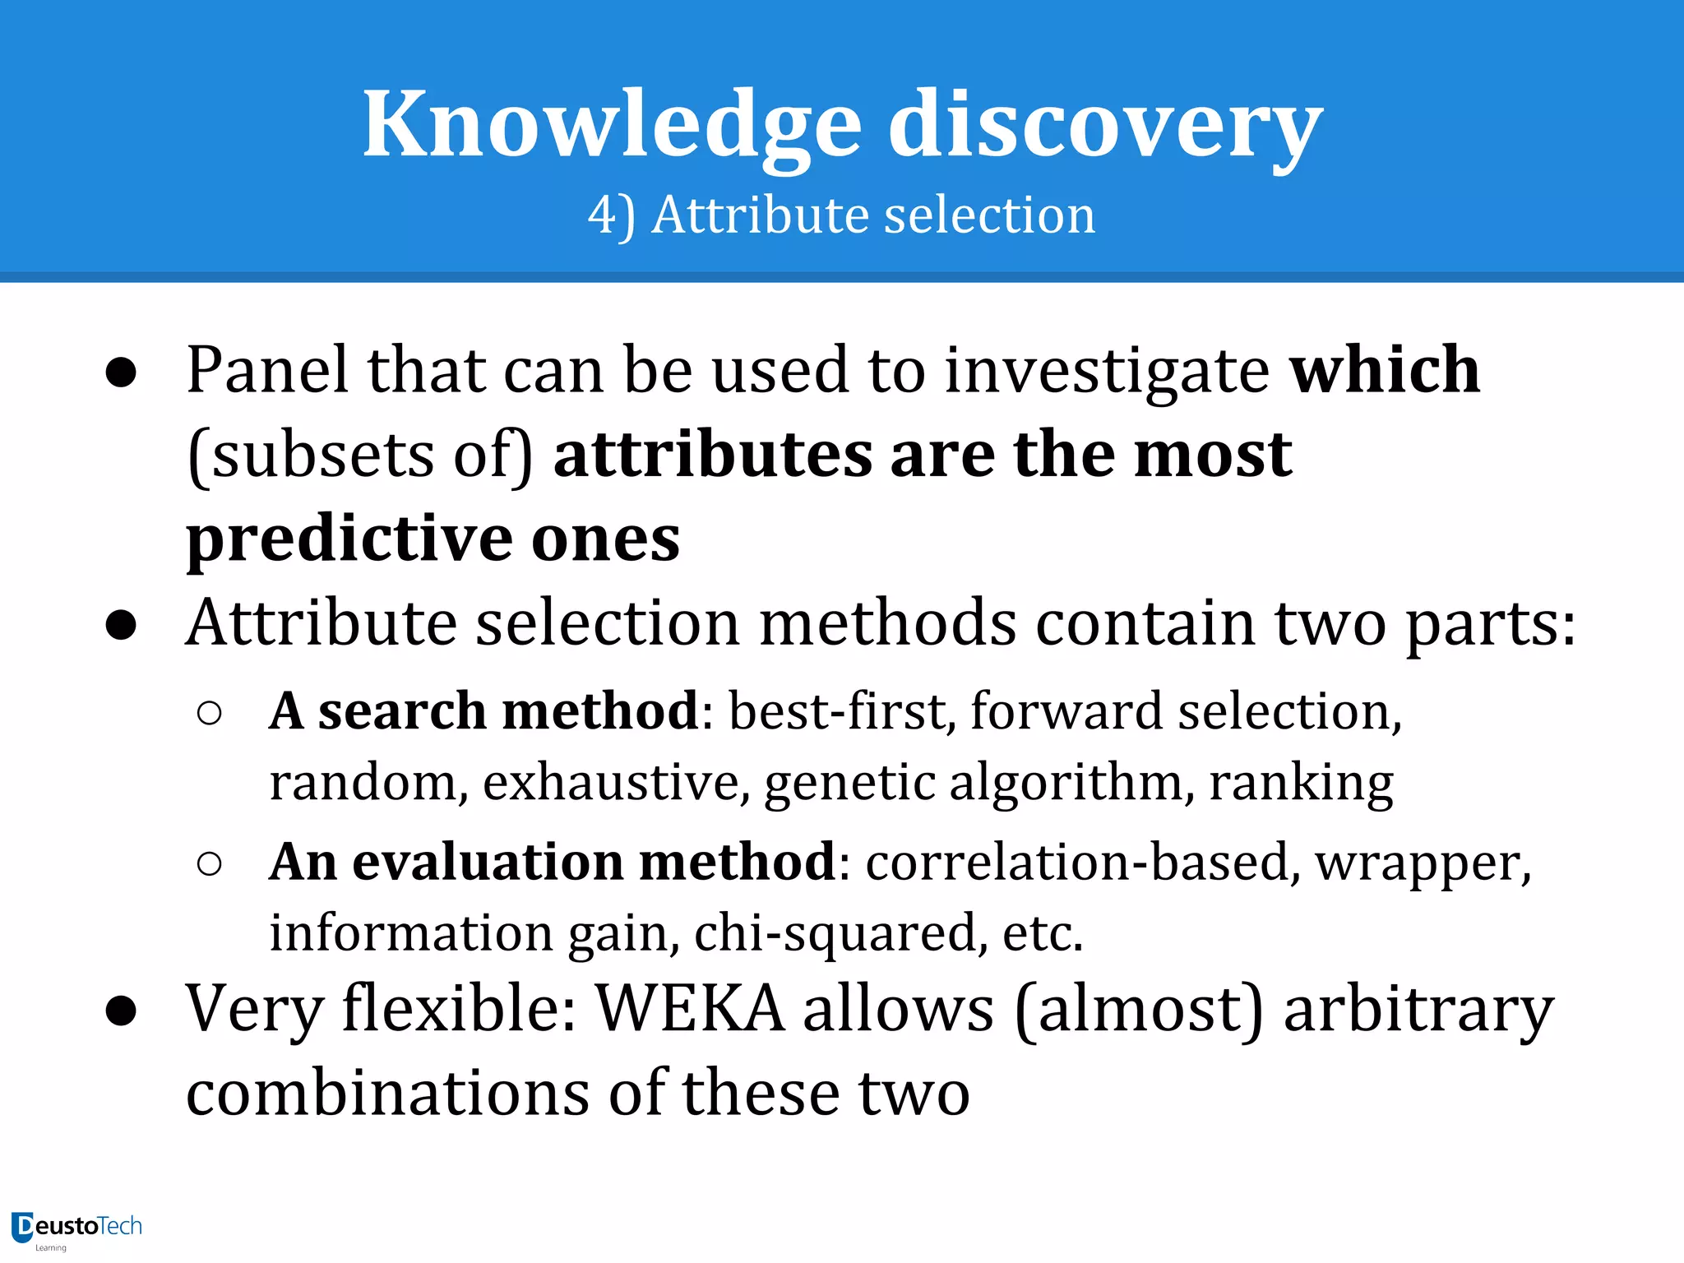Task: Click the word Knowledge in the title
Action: click(x=613, y=125)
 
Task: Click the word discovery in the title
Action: click(x=1105, y=125)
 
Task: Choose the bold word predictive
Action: click(x=349, y=539)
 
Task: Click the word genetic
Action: click(x=849, y=782)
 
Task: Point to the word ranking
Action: click(x=1301, y=782)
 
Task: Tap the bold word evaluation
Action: click(x=488, y=862)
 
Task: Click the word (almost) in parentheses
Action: click(x=1139, y=1009)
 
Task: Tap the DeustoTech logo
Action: click(x=77, y=1228)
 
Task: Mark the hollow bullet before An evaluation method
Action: click(x=210, y=863)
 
